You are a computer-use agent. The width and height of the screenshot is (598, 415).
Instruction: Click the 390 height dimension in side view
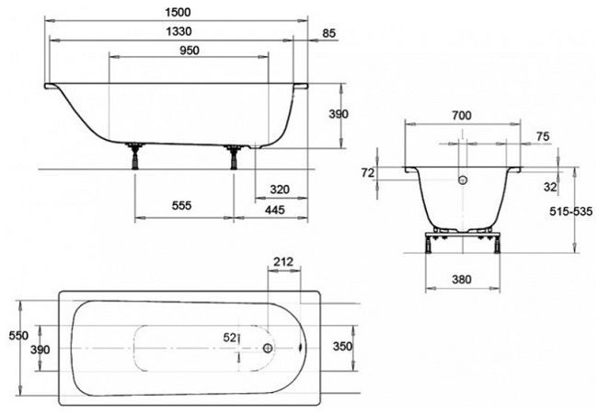click(x=339, y=114)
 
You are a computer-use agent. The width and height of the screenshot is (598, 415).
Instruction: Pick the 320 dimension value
click(x=280, y=190)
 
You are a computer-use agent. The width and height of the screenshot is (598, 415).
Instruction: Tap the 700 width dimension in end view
click(x=462, y=115)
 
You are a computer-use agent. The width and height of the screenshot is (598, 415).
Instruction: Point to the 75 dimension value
click(x=542, y=136)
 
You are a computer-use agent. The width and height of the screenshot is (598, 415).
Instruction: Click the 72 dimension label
click(x=369, y=173)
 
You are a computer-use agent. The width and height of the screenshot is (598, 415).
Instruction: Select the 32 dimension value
click(x=550, y=186)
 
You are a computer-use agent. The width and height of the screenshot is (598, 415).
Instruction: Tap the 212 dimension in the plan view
click(x=285, y=262)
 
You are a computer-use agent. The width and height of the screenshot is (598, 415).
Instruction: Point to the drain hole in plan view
click(x=267, y=349)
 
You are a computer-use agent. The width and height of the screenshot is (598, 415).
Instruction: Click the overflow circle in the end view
click(x=464, y=181)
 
